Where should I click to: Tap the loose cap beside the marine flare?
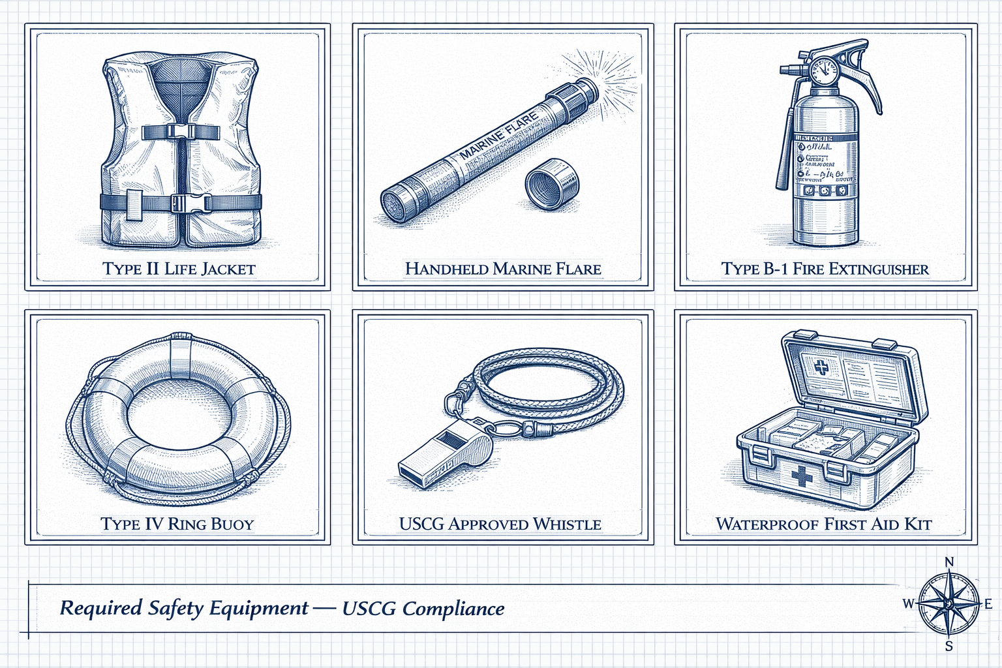coord(551,183)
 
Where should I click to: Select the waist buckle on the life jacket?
coord(187,202)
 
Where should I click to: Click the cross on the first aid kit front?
coord(802,476)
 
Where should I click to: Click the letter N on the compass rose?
coord(949,562)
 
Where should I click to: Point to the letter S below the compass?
coord(949,646)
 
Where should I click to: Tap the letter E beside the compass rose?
coord(988,604)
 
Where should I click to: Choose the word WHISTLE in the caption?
coord(567,524)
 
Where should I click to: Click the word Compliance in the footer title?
coord(453,609)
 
